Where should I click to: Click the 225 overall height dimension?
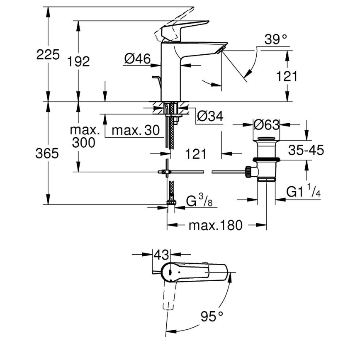tap(48, 54)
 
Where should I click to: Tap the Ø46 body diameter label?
tap(137, 59)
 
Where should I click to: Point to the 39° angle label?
tap(276, 40)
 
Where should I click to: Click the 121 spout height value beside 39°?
tap(287, 76)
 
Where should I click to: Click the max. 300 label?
tap(85, 136)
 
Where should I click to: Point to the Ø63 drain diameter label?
tap(266, 124)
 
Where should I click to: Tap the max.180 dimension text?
tap(215, 226)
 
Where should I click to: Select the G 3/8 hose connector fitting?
tap(170, 202)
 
